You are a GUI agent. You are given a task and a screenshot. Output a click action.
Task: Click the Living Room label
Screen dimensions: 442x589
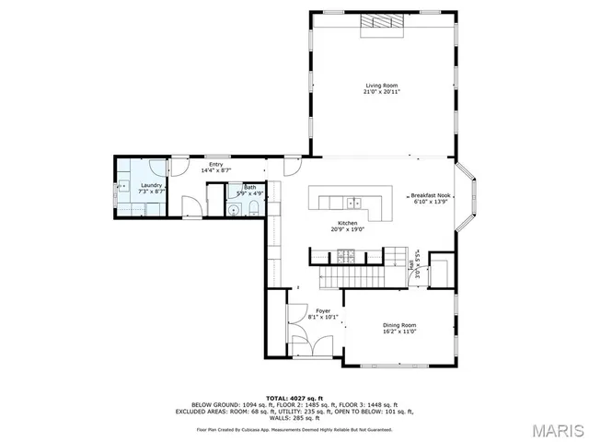[x=380, y=86]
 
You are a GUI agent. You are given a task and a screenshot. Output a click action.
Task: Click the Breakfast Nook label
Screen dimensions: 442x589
[x=430, y=195]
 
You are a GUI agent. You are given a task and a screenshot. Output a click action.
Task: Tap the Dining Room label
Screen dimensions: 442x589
[x=399, y=324]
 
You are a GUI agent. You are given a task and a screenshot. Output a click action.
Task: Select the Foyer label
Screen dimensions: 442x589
[x=323, y=311]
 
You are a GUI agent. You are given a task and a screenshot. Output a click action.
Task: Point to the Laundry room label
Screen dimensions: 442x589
[x=152, y=185]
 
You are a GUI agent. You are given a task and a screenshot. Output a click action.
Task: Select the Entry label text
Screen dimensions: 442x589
[x=215, y=164]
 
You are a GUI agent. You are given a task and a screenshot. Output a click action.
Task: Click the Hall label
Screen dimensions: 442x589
[x=410, y=265]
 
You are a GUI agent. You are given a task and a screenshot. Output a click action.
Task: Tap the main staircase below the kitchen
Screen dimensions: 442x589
[x=350, y=274]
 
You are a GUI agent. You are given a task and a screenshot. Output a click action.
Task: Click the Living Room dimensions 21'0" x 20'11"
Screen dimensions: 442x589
[x=380, y=92]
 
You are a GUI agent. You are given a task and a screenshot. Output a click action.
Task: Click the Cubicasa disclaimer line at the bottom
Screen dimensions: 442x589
[x=294, y=429]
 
